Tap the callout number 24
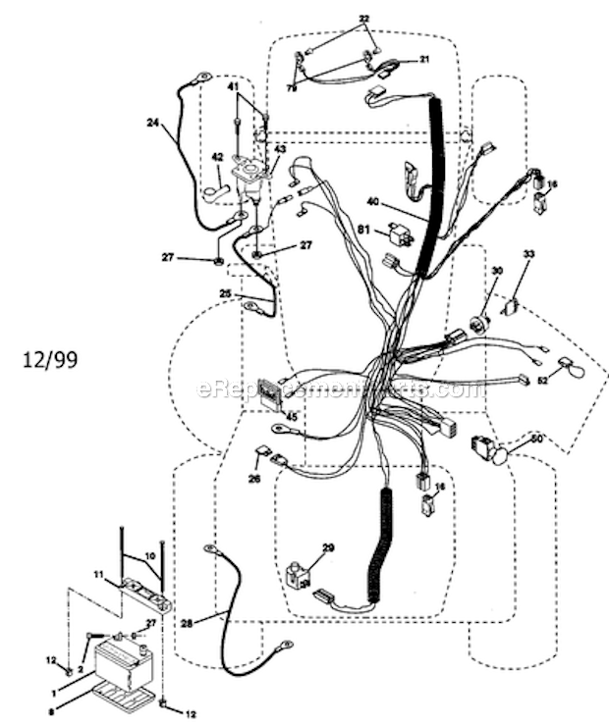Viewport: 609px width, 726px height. click(152, 123)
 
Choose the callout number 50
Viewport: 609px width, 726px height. click(536, 439)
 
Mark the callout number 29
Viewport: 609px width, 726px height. click(328, 546)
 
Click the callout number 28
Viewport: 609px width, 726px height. click(188, 623)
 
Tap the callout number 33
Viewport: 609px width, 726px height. click(528, 254)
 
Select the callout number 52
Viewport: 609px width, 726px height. click(541, 381)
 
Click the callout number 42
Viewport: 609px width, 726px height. click(217, 156)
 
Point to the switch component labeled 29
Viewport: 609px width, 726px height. click(297, 575)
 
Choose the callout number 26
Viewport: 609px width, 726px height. click(254, 480)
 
